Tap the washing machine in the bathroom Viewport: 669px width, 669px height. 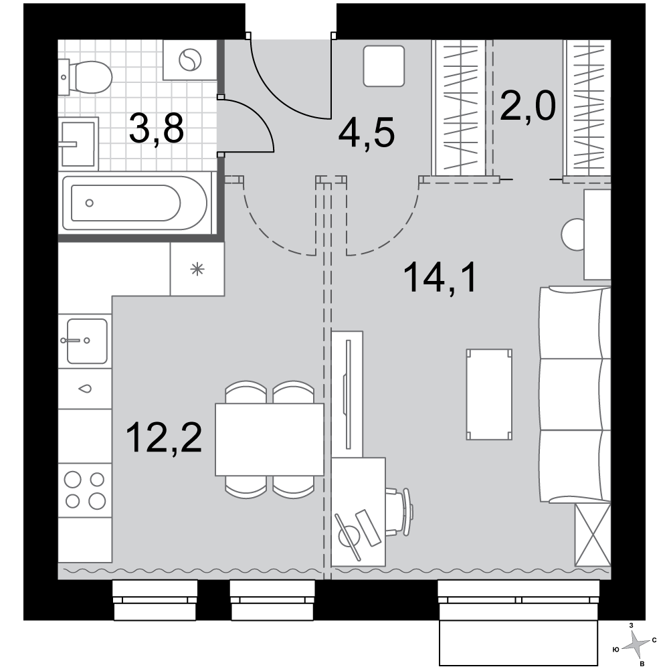tap(190, 60)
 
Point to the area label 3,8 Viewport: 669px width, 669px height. tap(157, 128)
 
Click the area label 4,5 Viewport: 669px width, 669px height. tap(367, 133)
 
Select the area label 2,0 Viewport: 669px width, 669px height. tap(528, 106)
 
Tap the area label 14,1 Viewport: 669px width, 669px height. tap(440, 278)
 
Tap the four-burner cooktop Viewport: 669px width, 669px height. tap(85, 490)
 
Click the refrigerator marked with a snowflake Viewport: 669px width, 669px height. tap(197, 269)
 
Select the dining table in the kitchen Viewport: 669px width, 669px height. tap(269, 440)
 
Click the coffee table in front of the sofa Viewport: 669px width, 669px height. tap(489, 394)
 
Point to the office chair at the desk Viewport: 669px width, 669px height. tap(399, 512)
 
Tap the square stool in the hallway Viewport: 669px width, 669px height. tap(384, 66)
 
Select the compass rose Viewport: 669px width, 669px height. tap(637, 645)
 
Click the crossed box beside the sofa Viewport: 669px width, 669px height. tap(593, 535)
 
